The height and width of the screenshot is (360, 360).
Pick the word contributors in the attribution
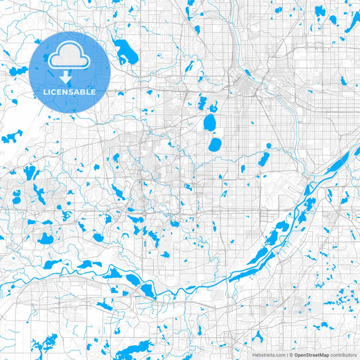click(x=344, y=355)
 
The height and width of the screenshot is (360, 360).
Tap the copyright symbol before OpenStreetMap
click(x=291, y=355)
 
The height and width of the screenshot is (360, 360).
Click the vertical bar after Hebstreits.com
click(x=286, y=355)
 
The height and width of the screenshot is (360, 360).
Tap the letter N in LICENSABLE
click(x=68, y=91)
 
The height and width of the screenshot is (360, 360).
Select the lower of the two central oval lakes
click(x=215, y=145)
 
